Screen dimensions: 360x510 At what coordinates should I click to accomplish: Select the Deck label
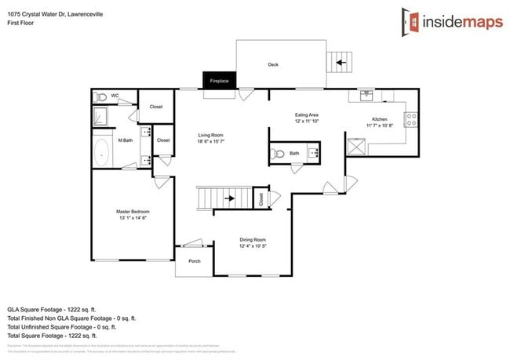point(273,65)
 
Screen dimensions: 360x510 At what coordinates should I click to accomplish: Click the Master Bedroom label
point(133,216)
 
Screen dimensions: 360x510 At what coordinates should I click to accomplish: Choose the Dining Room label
point(253,244)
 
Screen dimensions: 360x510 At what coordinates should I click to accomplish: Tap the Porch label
point(194,261)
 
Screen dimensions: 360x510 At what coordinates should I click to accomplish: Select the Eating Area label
point(306,118)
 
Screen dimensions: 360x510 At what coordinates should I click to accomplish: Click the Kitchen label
point(380,121)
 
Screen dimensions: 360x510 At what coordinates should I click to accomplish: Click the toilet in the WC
point(100,97)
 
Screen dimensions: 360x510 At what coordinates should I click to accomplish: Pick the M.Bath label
point(124,141)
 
